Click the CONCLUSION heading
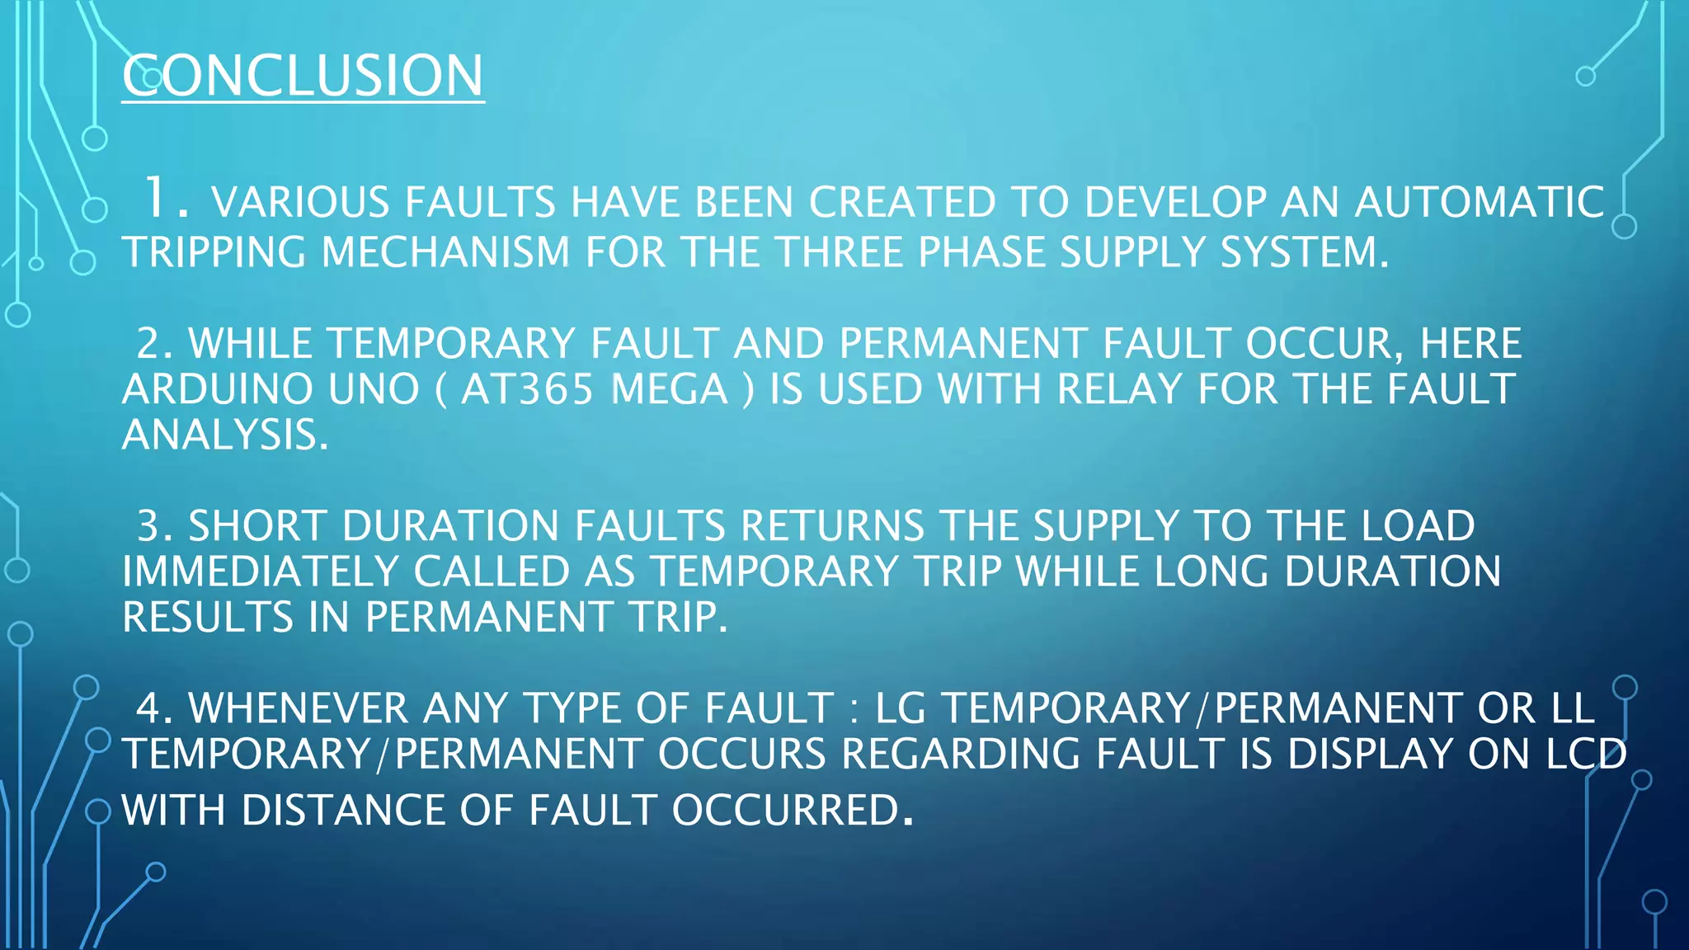point(303,76)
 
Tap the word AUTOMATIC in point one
point(1480,203)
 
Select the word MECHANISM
point(445,252)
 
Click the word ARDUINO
point(218,389)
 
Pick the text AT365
point(527,389)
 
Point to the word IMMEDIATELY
point(260,571)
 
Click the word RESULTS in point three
point(208,617)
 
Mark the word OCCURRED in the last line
point(784,810)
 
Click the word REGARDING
point(961,754)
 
